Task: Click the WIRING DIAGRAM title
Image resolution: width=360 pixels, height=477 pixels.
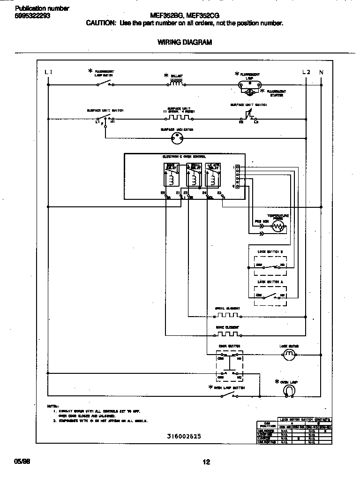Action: (x=184, y=42)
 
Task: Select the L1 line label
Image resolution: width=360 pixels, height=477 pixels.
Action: (x=48, y=72)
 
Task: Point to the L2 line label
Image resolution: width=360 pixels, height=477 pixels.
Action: (x=306, y=72)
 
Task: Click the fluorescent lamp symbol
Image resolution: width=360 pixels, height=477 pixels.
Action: (x=250, y=85)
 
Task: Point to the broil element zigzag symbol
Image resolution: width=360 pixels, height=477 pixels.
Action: (x=227, y=315)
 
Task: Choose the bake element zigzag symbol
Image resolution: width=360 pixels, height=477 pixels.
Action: (x=227, y=334)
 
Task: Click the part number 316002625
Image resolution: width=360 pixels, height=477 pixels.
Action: (x=184, y=436)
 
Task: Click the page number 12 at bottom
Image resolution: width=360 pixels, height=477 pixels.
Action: (x=206, y=462)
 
